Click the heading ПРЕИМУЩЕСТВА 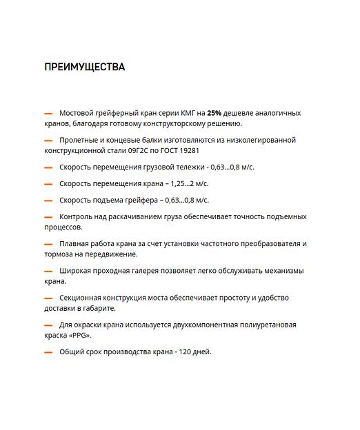coord(84,67)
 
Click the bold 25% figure coord(214,112)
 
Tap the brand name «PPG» coord(78,336)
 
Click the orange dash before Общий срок coord(48,352)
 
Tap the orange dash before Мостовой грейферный coord(48,113)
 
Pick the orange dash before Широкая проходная coord(48,272)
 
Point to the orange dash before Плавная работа coord(48,244)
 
